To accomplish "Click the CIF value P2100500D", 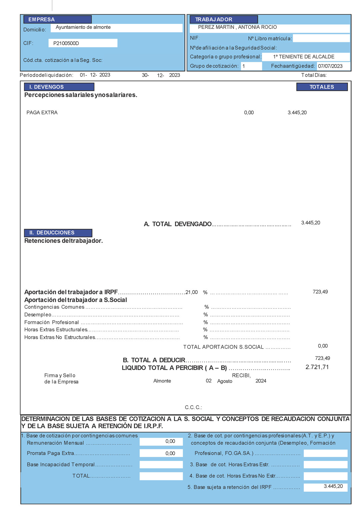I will coord(66,43).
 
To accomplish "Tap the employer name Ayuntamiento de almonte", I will coord(83,27).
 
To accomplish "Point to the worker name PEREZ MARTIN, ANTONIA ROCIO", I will coord(237,27).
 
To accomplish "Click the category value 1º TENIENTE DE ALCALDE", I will coord(304,57).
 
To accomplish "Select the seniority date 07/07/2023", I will coord(330,66).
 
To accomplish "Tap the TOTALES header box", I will coord(322,87).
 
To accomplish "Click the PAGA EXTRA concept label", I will coord(42,113).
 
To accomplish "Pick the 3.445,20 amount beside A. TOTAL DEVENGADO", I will coord(310,223).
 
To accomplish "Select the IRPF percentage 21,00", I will coord(192,292).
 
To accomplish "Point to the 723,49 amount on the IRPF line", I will coord(320,292).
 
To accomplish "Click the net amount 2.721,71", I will coord(317,367).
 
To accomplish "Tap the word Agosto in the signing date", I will coord(225,381).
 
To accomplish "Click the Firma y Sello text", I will coord(60,376).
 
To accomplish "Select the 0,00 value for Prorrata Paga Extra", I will coord(170,453).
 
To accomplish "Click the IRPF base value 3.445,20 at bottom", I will coord(333,486).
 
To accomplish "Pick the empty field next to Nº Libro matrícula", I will coord(321,38).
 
